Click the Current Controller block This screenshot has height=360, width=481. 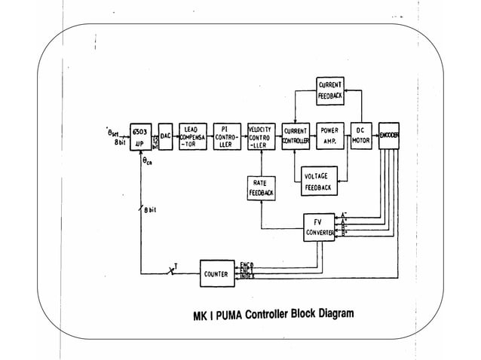click(295, 135)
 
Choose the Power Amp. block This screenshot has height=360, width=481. click(328, 135)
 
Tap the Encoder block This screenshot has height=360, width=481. click(389, 135)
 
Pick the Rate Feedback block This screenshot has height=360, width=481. click(260, 188)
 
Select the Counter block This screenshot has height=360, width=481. click(216, 273)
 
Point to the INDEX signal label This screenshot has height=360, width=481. click(247, 278)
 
